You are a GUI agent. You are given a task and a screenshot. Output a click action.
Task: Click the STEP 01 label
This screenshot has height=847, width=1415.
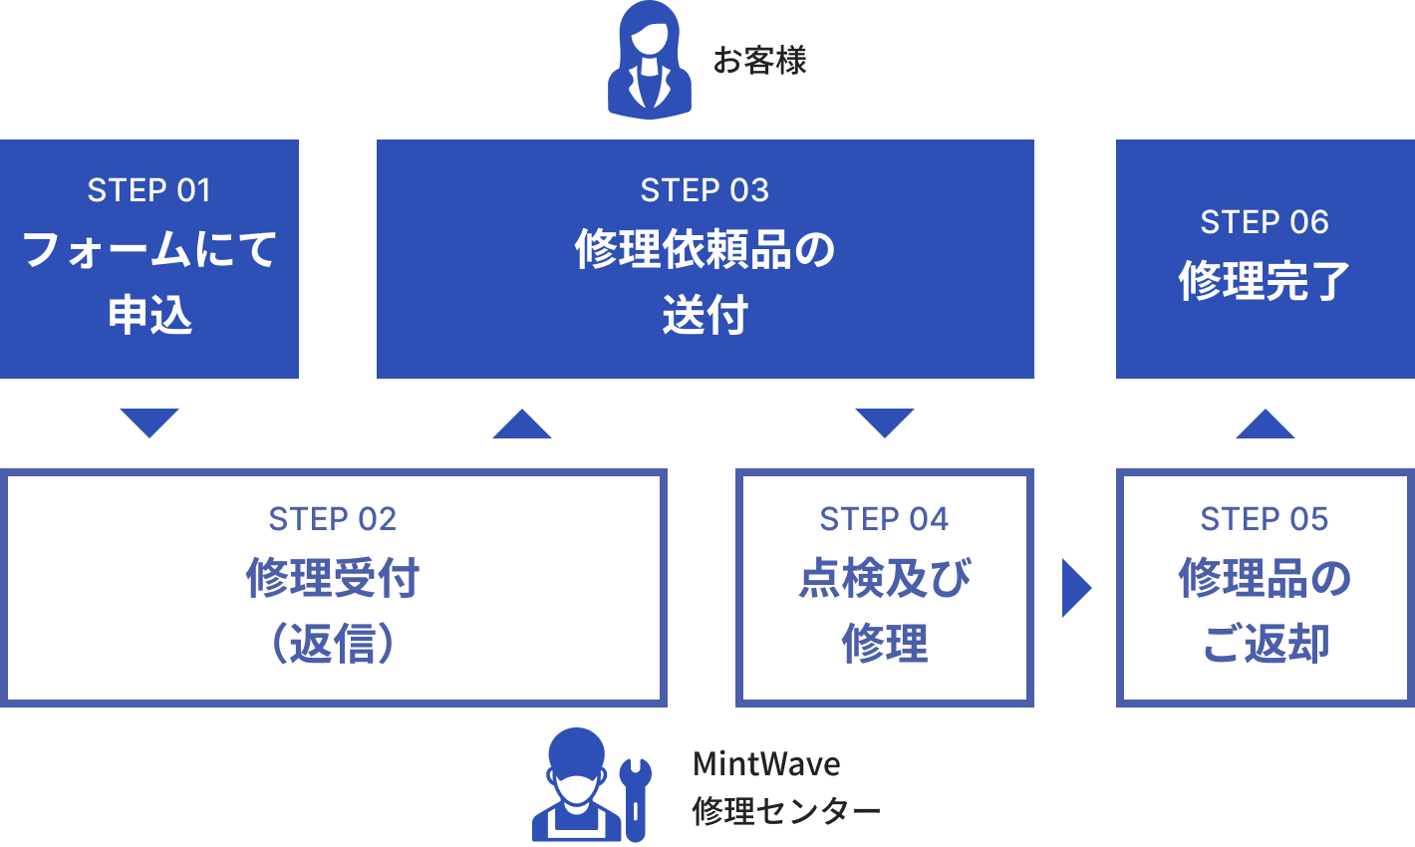(x=149, y=190)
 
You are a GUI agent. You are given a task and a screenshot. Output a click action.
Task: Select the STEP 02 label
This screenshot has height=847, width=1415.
(x=333, y=519)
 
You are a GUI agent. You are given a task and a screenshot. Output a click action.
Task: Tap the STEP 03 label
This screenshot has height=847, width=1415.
(x=705, y=190)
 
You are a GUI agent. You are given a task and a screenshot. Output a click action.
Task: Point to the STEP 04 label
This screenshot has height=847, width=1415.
(x=884, y=519)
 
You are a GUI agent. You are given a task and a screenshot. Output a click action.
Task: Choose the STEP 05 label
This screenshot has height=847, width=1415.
(x=1265, y=519)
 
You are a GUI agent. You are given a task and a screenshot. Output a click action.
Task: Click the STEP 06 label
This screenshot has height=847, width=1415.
(x=1265, y=222)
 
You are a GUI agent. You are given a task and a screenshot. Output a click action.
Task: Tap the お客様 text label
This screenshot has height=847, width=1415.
(x=759, y=61)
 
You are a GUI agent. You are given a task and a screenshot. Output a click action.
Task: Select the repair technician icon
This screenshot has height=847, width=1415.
(x=577, y=787)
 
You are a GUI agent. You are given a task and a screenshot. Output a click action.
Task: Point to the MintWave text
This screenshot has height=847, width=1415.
(x=766, y=764)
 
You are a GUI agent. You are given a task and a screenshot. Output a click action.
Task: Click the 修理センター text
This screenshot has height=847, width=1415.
(x=786, y=811)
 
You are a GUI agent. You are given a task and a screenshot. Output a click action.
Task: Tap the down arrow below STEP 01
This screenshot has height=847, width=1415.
(x=149, y=422)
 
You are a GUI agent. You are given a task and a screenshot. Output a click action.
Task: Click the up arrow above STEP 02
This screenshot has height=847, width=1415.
(x=522, y=424)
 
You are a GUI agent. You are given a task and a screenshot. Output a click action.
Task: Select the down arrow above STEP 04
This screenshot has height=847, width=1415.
(x=884, y=422)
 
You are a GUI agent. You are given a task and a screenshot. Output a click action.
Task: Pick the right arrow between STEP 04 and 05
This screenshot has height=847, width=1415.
(x=1075, y=588)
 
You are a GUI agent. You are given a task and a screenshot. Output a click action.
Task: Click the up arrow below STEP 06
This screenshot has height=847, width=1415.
(x=1266, y=424)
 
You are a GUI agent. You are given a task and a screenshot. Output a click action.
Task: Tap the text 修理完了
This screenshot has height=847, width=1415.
(x=1265, y=281)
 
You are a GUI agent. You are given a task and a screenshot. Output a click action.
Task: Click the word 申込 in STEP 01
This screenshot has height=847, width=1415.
(x=149, y=315)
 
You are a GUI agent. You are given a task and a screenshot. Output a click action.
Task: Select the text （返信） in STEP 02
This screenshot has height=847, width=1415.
(x=333, y=644)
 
